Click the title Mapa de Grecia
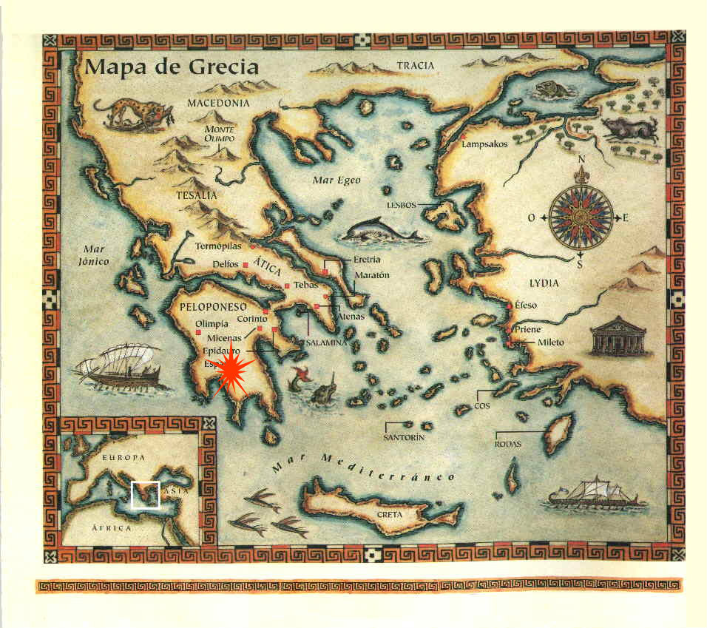172,67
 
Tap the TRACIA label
415,66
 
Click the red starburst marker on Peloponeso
231,368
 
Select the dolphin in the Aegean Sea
379,232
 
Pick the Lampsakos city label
484,144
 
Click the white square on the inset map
145,494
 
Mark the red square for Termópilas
253,246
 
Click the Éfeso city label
526,305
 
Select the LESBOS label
402,204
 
